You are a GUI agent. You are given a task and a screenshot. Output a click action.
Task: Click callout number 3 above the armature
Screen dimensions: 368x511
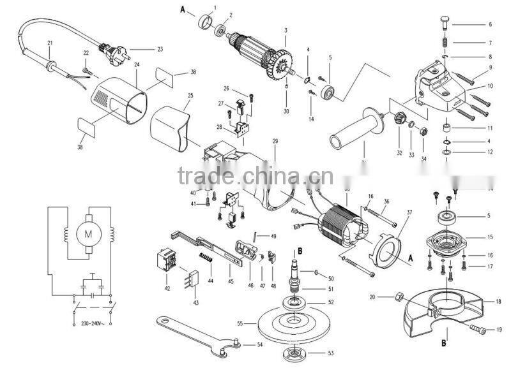[286, 30]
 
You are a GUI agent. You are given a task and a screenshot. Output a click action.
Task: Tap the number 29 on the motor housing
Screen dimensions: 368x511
[275, 140]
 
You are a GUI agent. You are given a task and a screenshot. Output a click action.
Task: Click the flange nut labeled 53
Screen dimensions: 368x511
[294, 352]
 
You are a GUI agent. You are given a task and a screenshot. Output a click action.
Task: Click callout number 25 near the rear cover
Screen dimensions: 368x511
[190, 96]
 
